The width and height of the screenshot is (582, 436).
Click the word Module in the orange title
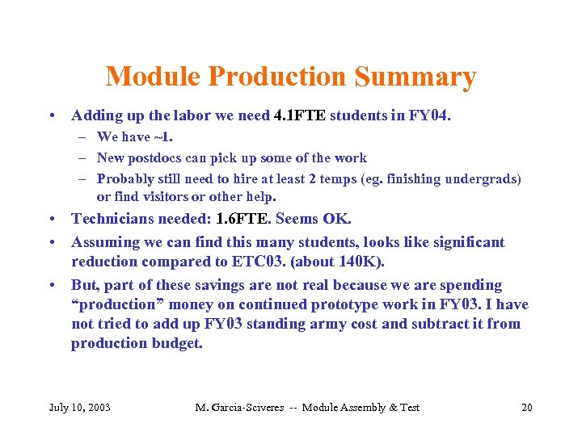153,78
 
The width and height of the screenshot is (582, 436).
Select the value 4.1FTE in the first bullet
300,115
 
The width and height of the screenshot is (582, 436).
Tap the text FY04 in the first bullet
429,115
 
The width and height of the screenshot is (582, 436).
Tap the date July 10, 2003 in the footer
80,407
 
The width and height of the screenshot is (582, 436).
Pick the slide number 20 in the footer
527,407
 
